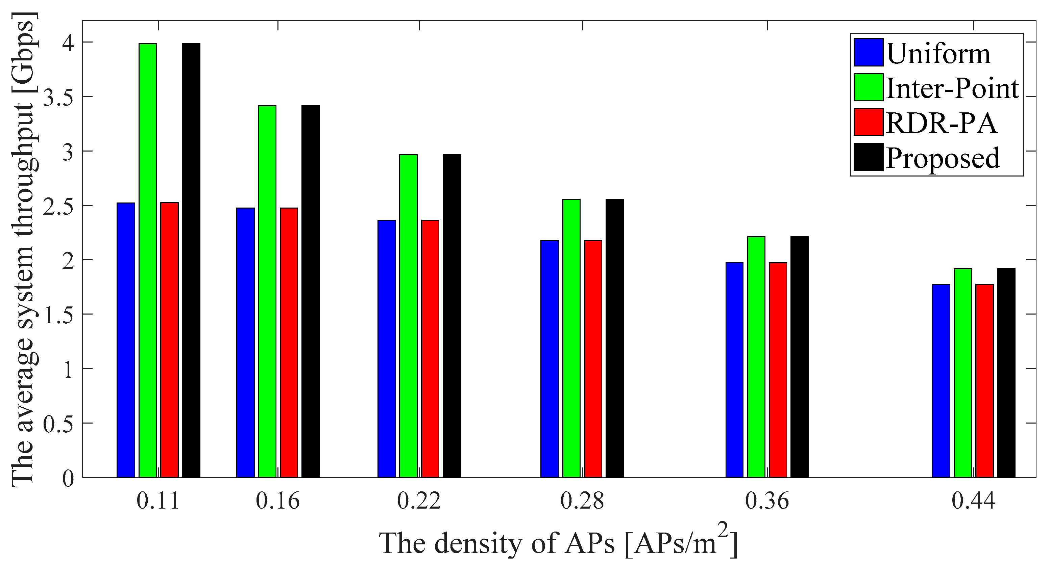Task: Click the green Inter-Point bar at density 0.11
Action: pyautogui.click(x=148, y=261)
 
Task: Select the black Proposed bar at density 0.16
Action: pyautogui.click(x=311, y=291)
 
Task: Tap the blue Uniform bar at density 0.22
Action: pyautogui.click(x=387, y=349)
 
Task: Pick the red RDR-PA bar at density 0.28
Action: pyautogui.click(x=593, y=358)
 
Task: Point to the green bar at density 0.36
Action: pyautogui.click(x=756, y=357)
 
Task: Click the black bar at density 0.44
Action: pyautogui.click(x=1006, y=373)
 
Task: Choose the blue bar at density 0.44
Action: pyautogui.click(x=941, y=380)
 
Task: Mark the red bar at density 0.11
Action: pyautogui.click(x=170, y=340)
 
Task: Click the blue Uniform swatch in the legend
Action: pyautogui.click(x=868, y=52)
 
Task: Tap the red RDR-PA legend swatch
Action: pyautogui.click(x=868, y=122)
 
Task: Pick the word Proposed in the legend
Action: pyautogui.click(x=943, y=158)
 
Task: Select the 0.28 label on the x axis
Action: pyautogui.click(x=582, y=501)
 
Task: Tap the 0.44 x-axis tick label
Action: pyautogui.click(x=973, y=501)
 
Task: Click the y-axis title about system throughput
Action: pyautogui.click(x=24, y=248)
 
